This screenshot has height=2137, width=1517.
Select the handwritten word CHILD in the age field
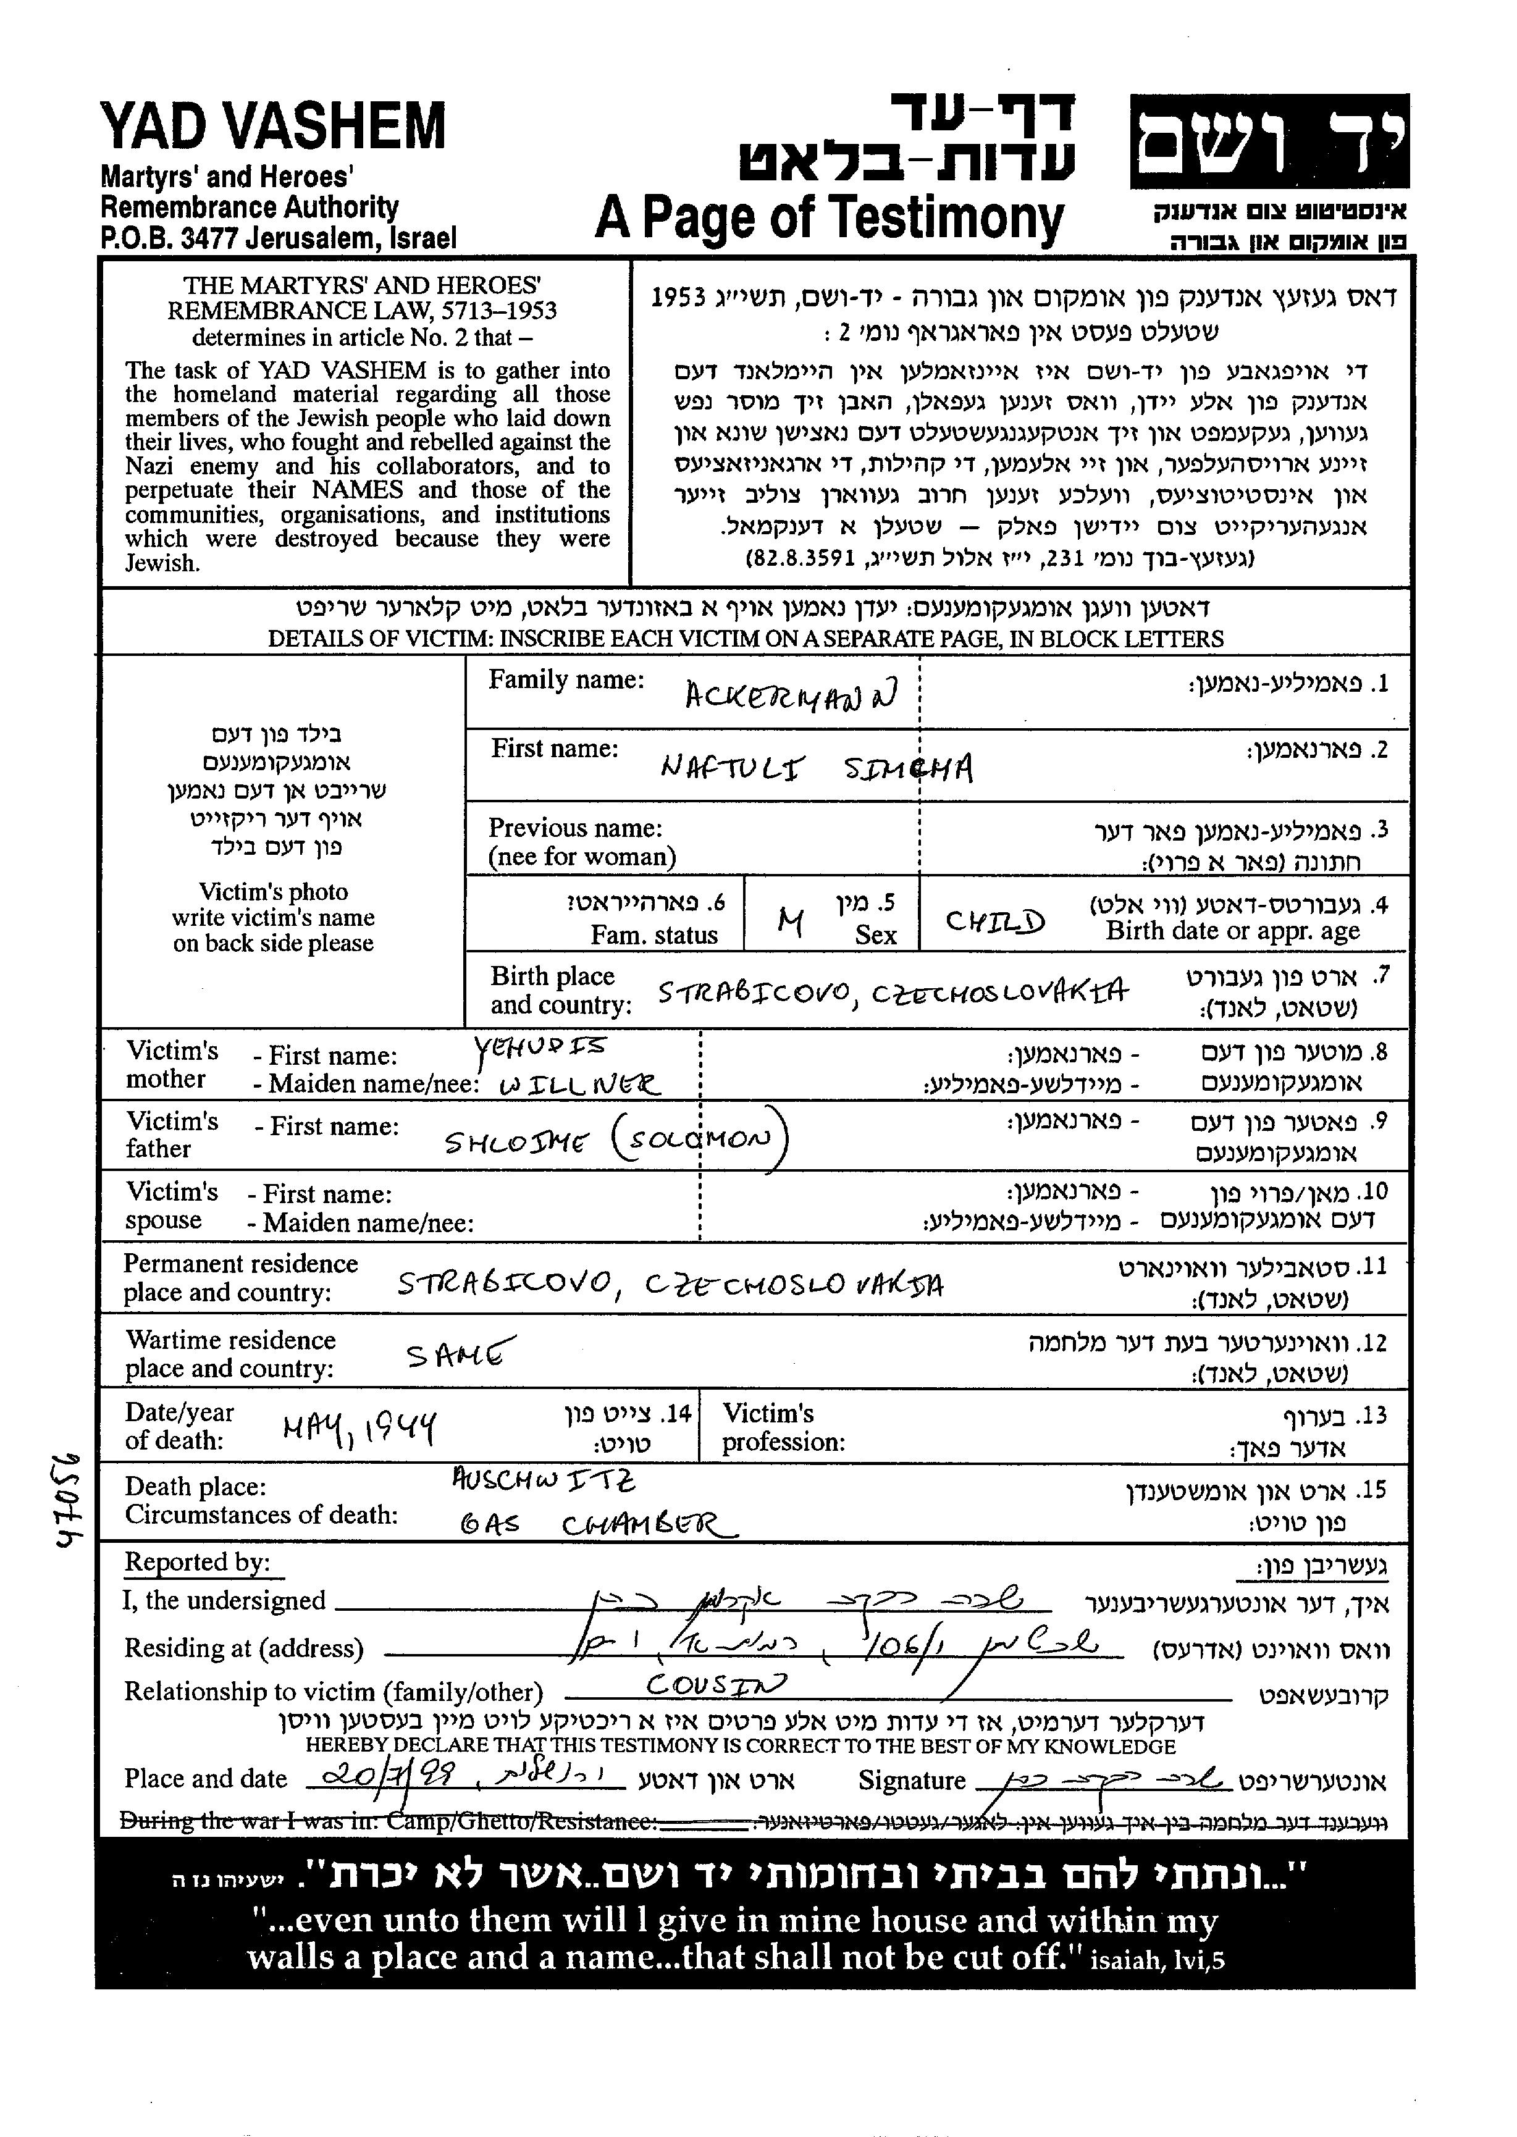(995, 922)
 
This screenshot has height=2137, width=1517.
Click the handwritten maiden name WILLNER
(579, 1085)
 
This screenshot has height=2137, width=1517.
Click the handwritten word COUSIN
(716, 1684)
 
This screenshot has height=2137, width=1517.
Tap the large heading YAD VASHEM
(273, 127)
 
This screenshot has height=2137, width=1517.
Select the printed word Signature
(911, 1781)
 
